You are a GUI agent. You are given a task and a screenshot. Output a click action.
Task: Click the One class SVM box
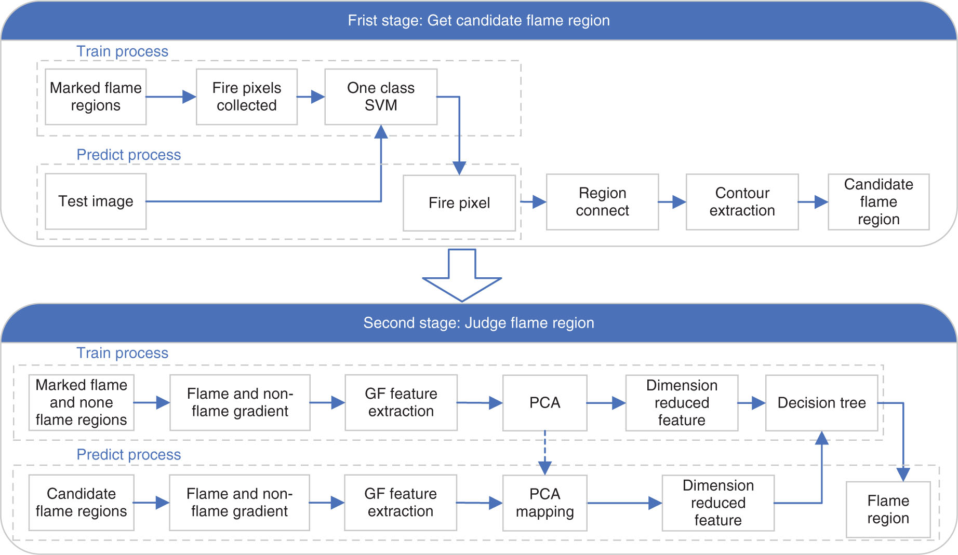(381, 97)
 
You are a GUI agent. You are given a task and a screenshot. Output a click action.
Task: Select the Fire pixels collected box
(247, 97)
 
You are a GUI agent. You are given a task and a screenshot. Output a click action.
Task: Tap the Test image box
(96, 201)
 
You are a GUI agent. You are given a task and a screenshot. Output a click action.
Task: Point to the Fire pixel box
(459, 203)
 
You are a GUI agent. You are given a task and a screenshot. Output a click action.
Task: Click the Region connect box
(602, 202)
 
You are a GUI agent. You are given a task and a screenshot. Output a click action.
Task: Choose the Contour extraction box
(742, 202)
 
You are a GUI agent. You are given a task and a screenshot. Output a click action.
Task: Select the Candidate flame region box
(879, 202)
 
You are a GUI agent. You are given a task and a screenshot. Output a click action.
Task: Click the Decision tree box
(821, 403)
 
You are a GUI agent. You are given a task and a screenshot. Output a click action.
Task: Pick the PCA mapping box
(545, 503)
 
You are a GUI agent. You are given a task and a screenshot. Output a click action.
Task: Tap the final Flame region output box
(888, 509)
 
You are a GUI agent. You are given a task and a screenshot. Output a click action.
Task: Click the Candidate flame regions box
(82, 503)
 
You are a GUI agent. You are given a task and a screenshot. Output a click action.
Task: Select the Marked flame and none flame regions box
(82, 403)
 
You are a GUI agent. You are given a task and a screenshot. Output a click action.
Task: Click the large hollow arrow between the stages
(462, 275)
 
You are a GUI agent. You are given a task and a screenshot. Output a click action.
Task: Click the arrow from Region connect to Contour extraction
(672, 202)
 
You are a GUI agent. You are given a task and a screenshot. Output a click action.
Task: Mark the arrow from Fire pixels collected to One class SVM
(311, 97)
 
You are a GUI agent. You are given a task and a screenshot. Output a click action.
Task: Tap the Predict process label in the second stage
(129, 455)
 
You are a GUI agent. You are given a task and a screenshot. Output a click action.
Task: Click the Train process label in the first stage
(123, 51)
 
